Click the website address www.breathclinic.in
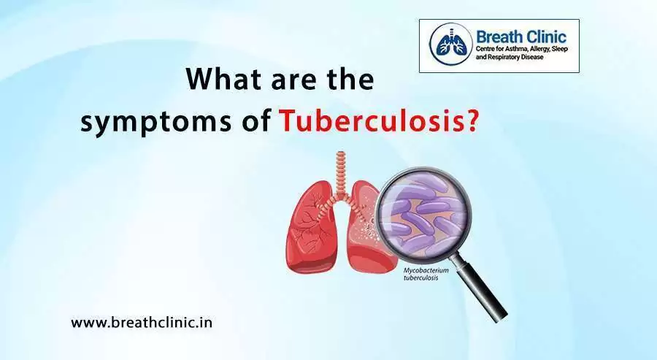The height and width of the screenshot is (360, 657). click(142, 321)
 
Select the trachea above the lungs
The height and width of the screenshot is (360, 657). click(339, 172)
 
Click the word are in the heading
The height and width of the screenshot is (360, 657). click(293, 80)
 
